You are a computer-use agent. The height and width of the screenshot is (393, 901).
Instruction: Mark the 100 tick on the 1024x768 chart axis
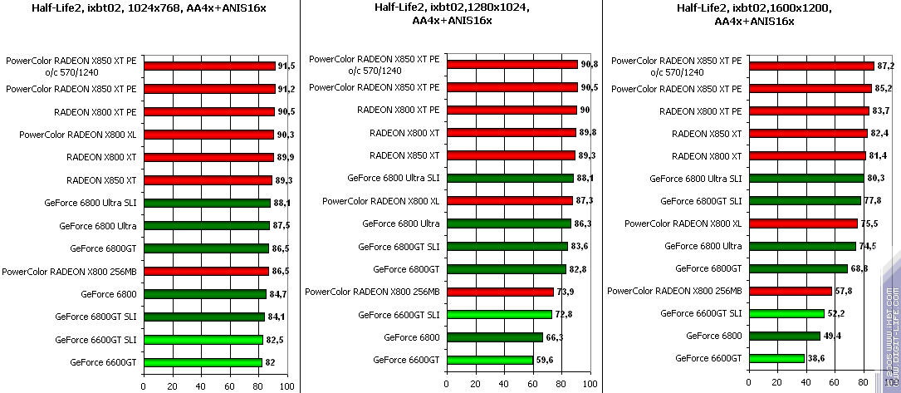286,386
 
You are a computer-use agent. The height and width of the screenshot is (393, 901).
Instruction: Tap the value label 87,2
885,66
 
